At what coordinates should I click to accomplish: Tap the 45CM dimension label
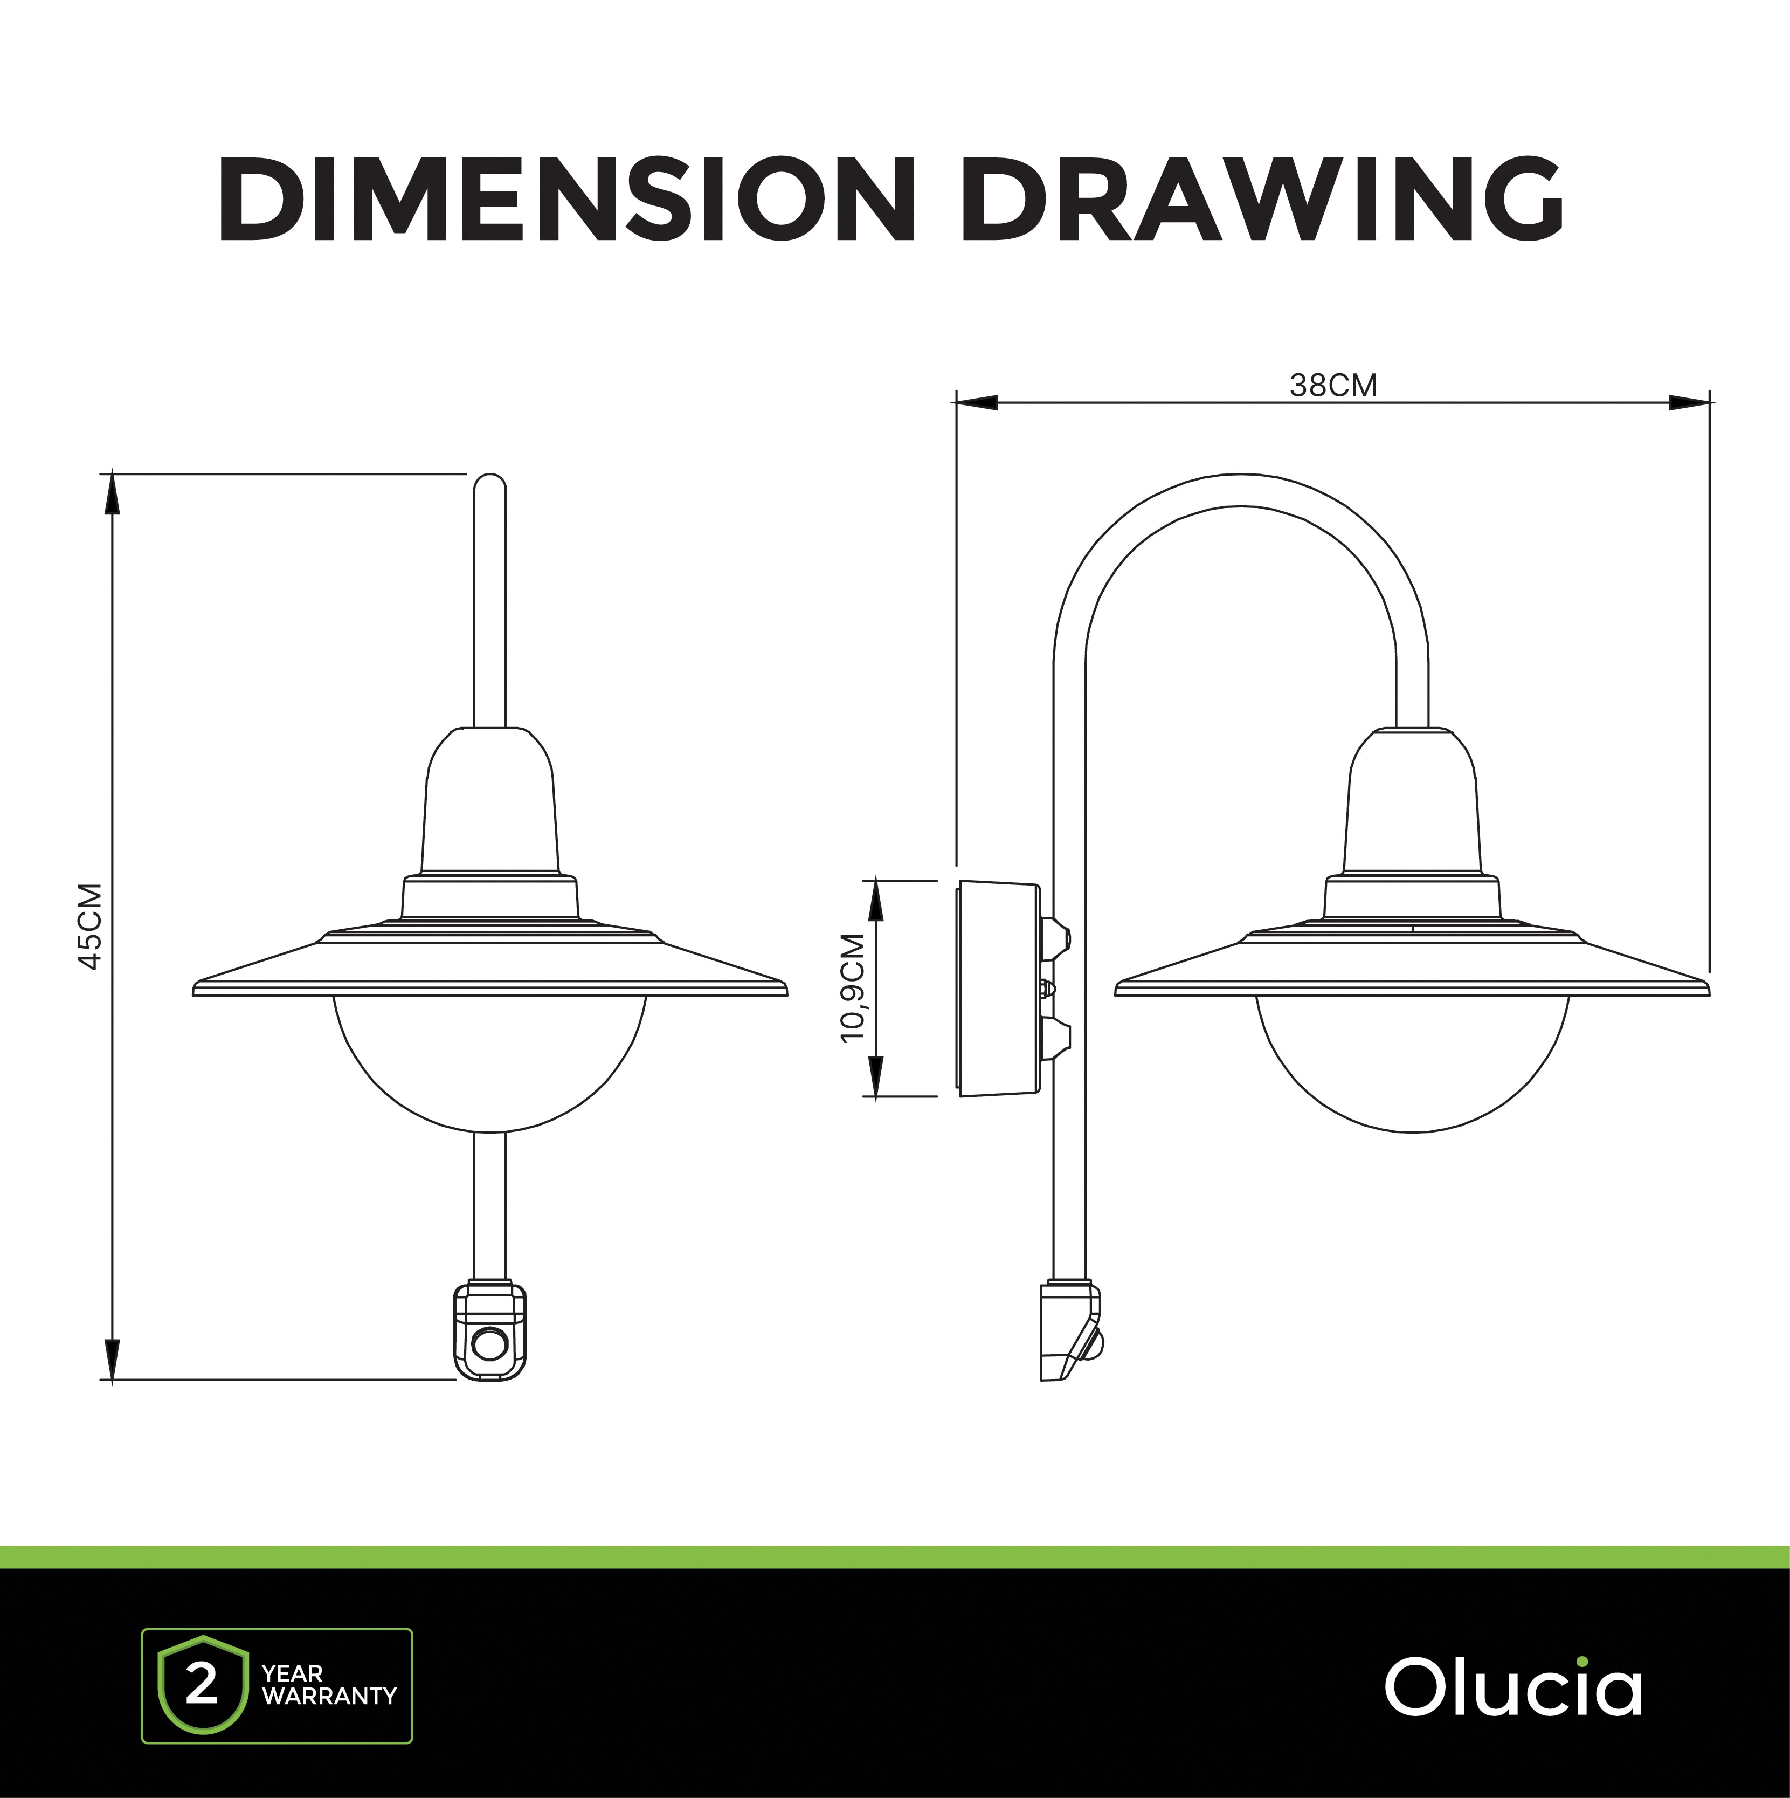tap(90, 926)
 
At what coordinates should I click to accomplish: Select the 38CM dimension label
tap(1333, 385)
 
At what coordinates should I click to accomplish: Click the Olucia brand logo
tap(1513, 1687)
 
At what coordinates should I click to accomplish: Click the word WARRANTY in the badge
tap(329, 1697)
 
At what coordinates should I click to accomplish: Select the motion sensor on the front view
tap(490, 1331)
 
